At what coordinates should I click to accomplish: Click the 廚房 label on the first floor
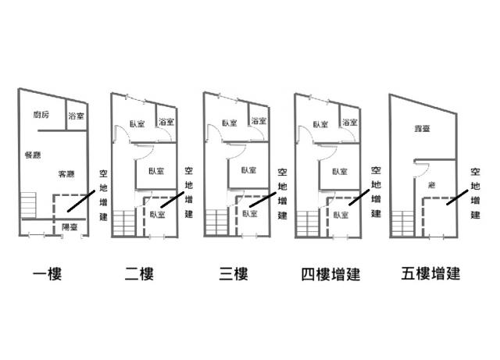[x=41, y=115]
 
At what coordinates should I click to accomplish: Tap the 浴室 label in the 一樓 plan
[x=76, y=116]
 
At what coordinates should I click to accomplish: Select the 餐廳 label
[x=33, y=154]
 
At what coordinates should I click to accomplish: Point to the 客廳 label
[x=66, y=173]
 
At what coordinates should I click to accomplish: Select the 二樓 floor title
[x=139, y=274]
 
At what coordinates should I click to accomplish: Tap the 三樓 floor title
[x=232, y=274]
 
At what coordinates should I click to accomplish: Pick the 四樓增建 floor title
[x=328, y=274]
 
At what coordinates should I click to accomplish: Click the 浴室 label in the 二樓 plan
[x=166, y=122]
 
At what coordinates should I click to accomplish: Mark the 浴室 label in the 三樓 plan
[x=259, y=122]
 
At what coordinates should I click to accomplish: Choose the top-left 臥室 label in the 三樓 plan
[x=229, y=123]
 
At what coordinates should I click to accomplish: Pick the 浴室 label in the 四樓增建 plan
[x=350, y=122]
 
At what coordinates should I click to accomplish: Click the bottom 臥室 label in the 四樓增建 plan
[x=340, y=214]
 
